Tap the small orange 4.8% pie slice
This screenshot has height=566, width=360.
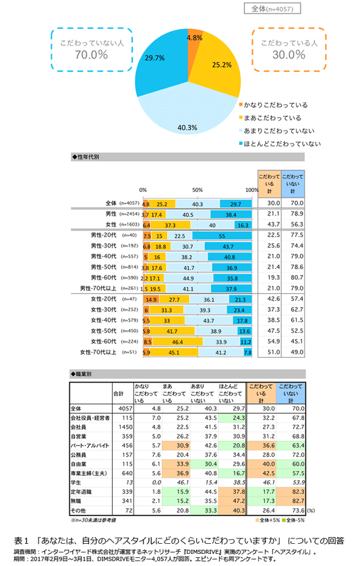click(x=193, y=41)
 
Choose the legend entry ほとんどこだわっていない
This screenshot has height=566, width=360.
click(x=280, y=144)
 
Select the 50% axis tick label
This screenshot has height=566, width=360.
click(x=198, y=191)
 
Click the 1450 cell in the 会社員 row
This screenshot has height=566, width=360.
click(x=125, y=427)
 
